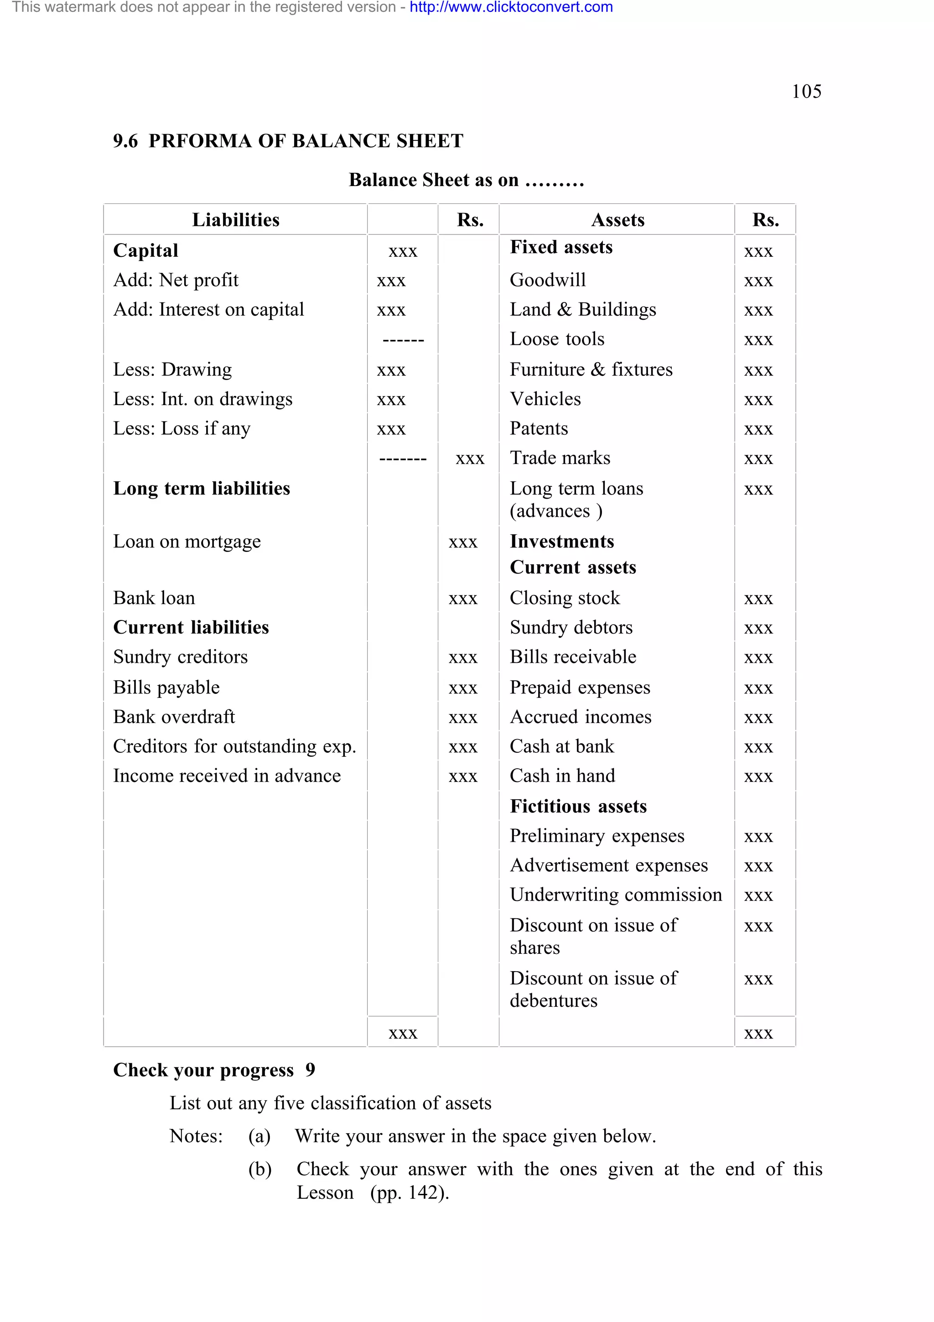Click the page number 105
(806, 92)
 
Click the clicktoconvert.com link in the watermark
(511, 7)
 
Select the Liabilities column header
(235, 220)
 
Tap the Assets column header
(617, 220)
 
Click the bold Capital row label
(145, 250)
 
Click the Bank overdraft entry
(174, 717)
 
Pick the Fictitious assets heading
(578, 806)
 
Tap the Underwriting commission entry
(615, 895)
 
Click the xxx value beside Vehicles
(758, 400)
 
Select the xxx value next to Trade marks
(758, 459)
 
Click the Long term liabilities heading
(202, 488)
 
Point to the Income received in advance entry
(227, 776)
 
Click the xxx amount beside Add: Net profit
(391, 281)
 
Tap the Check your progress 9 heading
(213, 1070)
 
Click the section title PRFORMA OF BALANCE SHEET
(306, 141)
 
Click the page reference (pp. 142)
(410, 1192)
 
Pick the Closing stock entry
(565, 598)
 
